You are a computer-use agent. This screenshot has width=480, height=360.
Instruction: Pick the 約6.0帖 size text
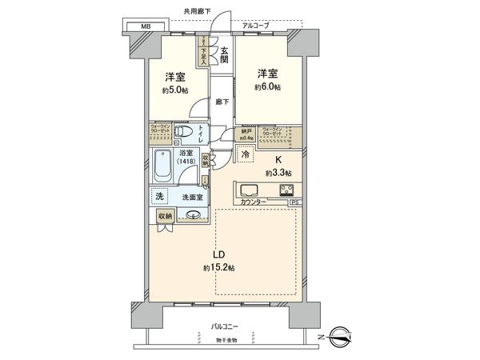coord(269,86)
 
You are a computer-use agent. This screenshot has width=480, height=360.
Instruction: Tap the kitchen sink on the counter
coord(248,190)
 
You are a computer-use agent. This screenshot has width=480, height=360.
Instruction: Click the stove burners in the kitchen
coord(285,190)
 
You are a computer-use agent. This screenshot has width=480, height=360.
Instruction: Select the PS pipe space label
coord(294,203)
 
